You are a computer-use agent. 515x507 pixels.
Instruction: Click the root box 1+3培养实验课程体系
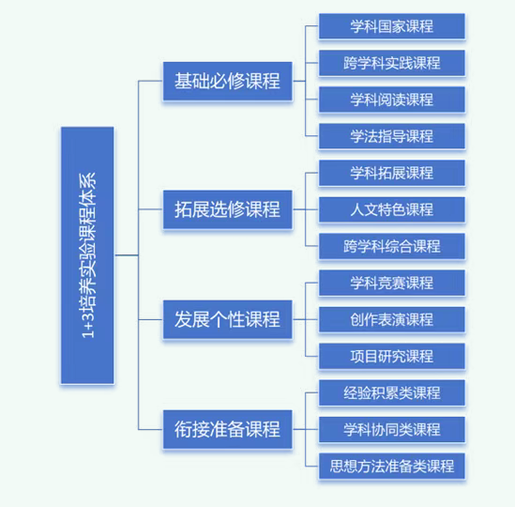point(87,255)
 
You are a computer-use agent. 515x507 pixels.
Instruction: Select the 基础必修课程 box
point(228,81)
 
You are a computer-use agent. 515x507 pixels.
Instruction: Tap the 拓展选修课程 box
point(228,209)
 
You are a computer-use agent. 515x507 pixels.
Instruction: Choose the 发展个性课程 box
point(228,319)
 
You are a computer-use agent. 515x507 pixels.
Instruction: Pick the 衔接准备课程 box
point(228,429)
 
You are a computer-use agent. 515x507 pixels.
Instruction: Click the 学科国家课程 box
point(392,26)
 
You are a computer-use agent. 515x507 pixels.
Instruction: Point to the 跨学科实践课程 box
point(392,63)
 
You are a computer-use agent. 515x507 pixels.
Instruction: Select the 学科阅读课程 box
point(392,100)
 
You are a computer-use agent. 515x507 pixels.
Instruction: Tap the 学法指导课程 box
point(392,136)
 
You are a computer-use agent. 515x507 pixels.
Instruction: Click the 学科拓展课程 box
point(392,173)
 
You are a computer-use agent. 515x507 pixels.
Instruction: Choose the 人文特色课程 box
point(392,209)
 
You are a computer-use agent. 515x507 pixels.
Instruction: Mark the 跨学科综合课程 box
point(392,246)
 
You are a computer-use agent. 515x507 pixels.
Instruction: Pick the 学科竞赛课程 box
point(392,283)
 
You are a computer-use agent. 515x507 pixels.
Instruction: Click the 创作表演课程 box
point(392,319)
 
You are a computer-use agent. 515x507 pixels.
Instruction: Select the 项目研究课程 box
point(392,356)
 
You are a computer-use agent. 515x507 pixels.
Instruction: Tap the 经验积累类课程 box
point(392,392)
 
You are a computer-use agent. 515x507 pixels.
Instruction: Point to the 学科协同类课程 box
point(392,429)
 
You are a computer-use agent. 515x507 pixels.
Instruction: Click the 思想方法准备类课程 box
point(392,467)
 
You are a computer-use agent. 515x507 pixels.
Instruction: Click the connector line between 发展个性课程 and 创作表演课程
point(306,319)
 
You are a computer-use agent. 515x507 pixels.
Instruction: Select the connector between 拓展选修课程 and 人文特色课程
point(306,209)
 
